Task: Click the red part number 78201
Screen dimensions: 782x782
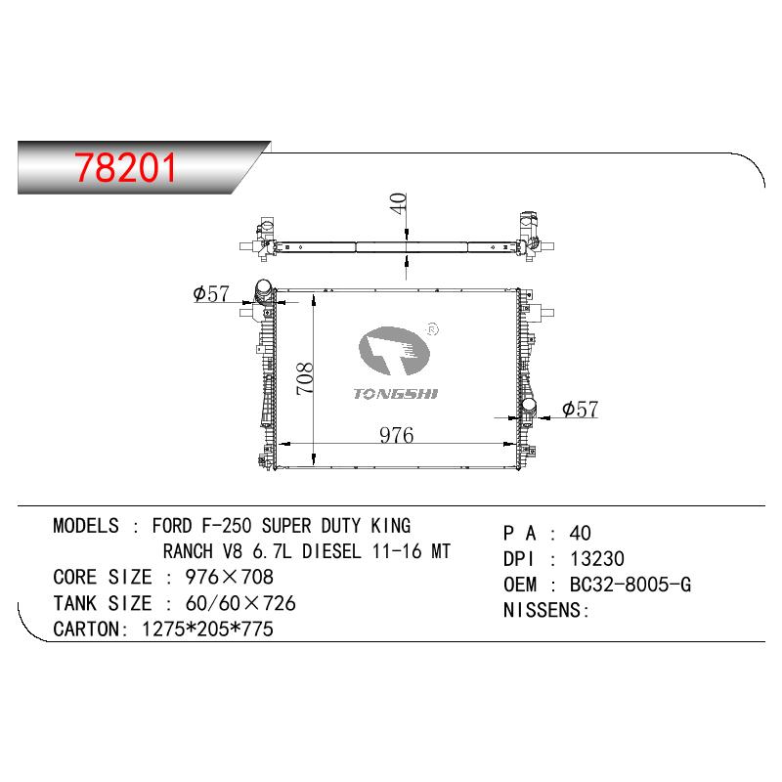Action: pyautogui.click(x=126, y=167)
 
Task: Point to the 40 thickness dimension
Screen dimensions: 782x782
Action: pyautogui.click(x=399, y=203)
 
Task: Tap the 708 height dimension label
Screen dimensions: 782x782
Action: pyautogui.click(x=304, y=378)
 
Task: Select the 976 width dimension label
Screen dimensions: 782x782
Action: pyautogui.click(x=397, y=435)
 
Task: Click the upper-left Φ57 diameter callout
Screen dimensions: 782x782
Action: pyautogui.click(x=211, y=293)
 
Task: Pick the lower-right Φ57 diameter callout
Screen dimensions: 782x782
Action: pyautogui.click(x=580, y=410)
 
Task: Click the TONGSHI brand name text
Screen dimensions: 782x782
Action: pyautogui.click(x=396, y=394)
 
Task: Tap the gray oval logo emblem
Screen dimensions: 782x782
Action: pyautogui.click(x=394, y=351)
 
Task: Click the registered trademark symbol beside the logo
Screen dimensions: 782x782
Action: pyautogui.click(x=432, y=329)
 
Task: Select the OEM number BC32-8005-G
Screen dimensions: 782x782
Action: pyautogui.click(x=630, y=585)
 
